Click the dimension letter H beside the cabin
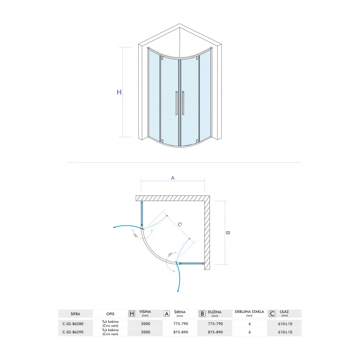(119, 92)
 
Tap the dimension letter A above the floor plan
(173, 178)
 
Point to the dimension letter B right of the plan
(228, 233)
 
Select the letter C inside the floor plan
(180, 224)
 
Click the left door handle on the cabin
(176, 103)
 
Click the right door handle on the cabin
(183, 103)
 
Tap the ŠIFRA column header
(75, 314)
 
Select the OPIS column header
(110, 314)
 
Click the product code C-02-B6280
(73, 324)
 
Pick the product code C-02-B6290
(73, 332)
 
